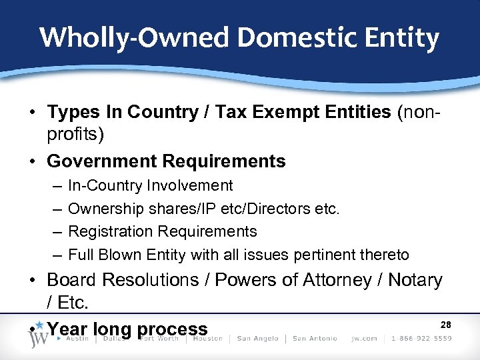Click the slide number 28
446,325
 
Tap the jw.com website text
363,338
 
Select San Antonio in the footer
315,338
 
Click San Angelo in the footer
258,338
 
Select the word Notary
414,280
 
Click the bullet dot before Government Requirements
33,161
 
